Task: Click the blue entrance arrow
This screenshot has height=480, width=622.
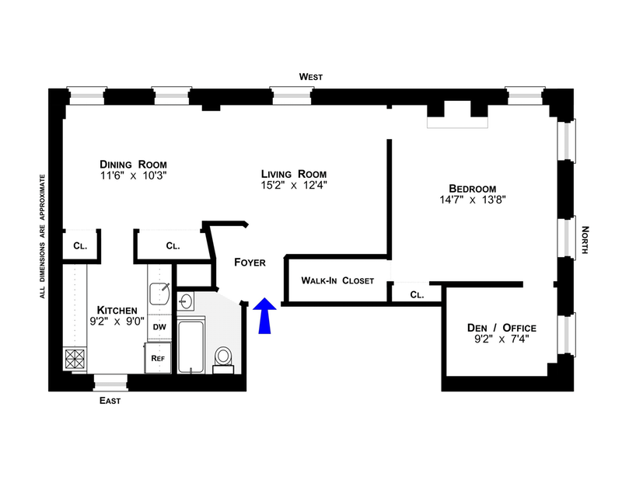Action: point(264,317)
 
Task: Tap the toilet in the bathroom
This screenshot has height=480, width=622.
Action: point(224,357)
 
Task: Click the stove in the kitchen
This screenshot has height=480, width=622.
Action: point(75,359)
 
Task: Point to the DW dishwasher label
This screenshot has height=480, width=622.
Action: point(159,327)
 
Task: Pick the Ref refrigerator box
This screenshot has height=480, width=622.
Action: point(158,358)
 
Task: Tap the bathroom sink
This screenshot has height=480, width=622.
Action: point(187,300)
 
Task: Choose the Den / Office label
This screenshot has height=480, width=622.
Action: point(502,327)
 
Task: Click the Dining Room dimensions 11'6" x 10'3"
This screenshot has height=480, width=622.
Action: point(134,177)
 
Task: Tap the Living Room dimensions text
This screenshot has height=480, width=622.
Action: point(293,186)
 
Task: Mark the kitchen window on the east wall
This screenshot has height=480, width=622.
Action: point(109,381)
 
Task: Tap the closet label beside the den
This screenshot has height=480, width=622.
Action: point(417,295)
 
